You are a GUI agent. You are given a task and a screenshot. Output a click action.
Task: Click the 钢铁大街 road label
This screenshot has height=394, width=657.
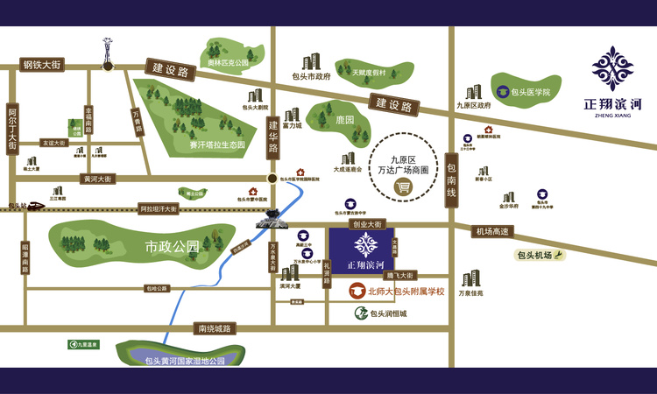[x=43, y=65]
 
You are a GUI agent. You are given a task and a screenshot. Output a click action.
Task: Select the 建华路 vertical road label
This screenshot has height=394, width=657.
[x=272, y=137]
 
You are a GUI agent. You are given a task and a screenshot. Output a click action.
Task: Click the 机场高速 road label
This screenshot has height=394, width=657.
[x=491, y=232]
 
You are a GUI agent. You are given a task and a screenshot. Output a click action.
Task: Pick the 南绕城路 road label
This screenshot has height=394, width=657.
[x=214, y=328]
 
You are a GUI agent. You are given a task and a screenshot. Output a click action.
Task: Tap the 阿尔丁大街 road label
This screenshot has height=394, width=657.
[x=12, y=130]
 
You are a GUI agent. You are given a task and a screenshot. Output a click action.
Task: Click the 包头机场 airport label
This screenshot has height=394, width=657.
[x=533, y=256]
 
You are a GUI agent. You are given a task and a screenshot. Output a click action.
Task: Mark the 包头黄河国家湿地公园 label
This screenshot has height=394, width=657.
[x=185, y=361]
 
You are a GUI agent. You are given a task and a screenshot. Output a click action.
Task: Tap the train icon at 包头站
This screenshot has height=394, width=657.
[x=34, y=207]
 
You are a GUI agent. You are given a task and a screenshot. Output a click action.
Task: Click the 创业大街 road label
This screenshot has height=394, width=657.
[x=369, y=224]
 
